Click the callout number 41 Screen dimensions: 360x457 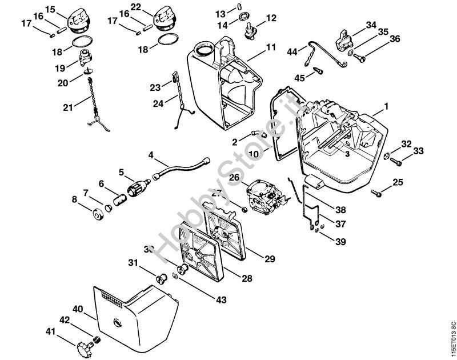[x=51, y=331]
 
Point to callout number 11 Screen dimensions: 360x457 [x=270, y=46]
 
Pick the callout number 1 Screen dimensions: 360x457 [x=386, y=106]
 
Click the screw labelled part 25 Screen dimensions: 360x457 [x=377, y=193]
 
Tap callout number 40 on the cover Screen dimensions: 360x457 [x=78, y=309]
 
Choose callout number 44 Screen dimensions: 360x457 [x=292, y=52]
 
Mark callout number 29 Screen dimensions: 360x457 [x=270, y=257]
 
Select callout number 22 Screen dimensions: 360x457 [x=135, y=6]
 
